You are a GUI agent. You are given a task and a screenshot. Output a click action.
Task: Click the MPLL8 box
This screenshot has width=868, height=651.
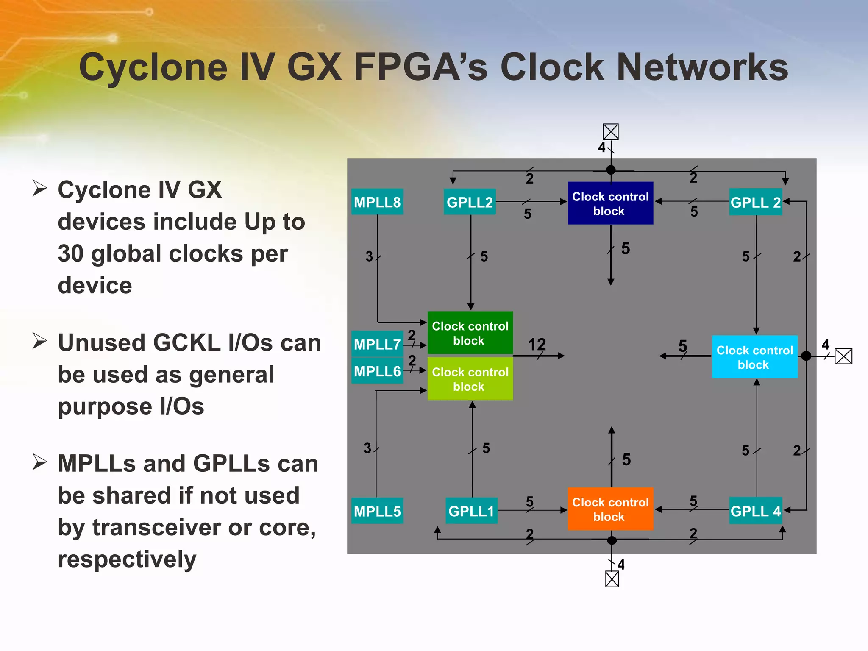tap(377, 202)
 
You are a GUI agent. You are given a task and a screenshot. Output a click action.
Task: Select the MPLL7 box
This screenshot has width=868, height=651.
tap(377, 344)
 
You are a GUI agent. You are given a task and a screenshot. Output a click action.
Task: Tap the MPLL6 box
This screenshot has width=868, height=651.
tap(377, 371)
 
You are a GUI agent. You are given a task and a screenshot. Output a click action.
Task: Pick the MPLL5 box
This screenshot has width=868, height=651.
tap(377, 511)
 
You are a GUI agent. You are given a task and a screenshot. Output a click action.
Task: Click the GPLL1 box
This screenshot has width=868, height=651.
tap(471, 511)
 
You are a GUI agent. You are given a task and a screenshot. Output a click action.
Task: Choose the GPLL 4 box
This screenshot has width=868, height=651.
tap(755, 511)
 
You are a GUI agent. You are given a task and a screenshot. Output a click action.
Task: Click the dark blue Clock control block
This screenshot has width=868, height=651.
tap(610, 203)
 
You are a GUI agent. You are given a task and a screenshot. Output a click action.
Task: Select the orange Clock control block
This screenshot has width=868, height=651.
tap(610, 509)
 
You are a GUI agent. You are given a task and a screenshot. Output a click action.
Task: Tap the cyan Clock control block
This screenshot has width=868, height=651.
tap(754, 357)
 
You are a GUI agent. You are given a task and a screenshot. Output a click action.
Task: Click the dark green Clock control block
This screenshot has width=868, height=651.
tap(470, 333)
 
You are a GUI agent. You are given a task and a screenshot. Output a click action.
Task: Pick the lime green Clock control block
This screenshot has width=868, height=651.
tap(470, 379)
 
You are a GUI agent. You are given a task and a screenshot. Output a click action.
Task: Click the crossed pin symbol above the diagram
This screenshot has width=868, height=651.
tap(611, 132)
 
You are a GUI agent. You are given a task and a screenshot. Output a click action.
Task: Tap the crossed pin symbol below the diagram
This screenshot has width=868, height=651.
tap(612, 579)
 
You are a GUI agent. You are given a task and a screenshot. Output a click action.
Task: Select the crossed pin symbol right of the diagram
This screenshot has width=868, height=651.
tap(843, 356)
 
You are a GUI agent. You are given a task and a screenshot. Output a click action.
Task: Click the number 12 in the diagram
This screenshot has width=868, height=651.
tap(537, 344)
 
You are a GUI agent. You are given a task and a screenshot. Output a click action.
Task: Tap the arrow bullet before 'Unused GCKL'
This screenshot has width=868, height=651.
tap(39, 341)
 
